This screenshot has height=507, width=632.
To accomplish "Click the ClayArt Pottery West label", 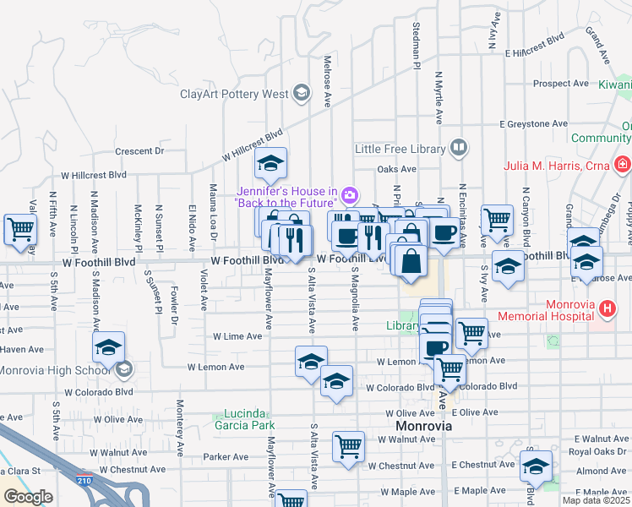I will tap(234, 94).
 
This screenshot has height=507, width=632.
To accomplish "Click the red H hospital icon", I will tap(606, 309).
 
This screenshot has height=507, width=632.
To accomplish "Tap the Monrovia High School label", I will tap(54, 370).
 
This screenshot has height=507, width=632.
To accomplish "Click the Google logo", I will tap(27, 497).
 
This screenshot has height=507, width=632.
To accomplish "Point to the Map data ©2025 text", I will tap(595, 500).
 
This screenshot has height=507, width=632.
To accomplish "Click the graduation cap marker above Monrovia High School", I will tap(108, 346).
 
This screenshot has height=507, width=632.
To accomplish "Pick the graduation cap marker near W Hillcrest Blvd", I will tap(271, 163).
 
